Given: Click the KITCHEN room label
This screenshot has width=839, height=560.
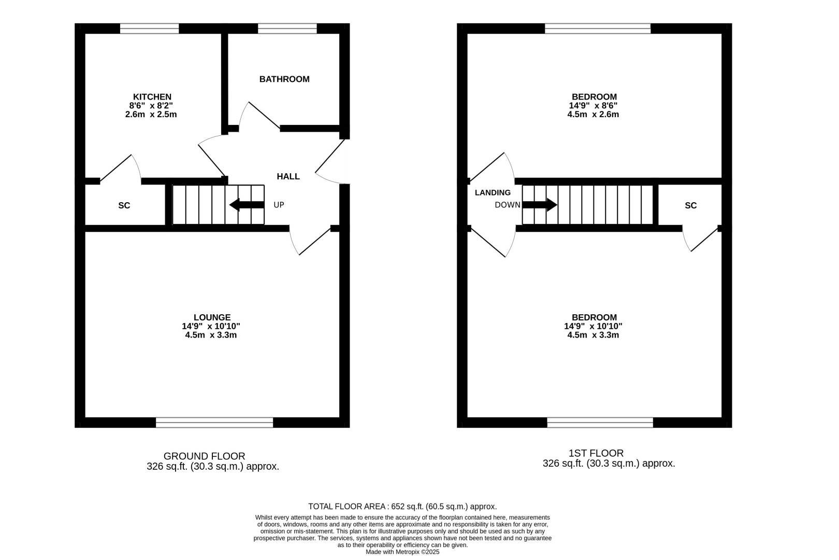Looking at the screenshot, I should point(152,97).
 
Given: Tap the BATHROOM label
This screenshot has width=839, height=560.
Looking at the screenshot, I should point(284,79).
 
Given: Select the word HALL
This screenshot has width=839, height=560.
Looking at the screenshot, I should point(288,177).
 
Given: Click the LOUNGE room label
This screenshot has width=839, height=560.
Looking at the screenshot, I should point(212,318).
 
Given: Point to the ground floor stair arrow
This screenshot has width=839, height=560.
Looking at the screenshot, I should point(247,205).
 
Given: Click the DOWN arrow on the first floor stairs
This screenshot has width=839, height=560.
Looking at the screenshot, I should point(540,205).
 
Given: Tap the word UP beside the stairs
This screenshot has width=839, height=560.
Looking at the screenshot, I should point(279,205).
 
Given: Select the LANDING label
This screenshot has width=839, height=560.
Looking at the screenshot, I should point(493,193).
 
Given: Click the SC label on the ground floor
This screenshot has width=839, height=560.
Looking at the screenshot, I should point(124,206).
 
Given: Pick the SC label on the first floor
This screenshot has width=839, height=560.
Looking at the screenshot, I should point(690,206).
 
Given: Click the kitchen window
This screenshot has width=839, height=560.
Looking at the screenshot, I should point(149,29).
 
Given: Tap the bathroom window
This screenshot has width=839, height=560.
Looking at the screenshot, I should point(287,29).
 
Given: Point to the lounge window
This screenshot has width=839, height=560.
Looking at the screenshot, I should point(214,423).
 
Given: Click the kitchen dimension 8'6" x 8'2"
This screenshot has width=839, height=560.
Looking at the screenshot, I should point(151,106).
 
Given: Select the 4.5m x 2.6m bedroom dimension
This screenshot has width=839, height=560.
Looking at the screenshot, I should point(593,115).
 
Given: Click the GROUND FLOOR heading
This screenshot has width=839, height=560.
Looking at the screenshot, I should point(204,456).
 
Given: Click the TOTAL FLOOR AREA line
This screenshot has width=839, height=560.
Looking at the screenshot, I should point(402,507).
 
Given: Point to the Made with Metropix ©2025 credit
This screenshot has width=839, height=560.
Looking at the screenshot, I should point(402,552).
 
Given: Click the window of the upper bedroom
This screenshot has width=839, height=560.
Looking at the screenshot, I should point(598,29).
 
